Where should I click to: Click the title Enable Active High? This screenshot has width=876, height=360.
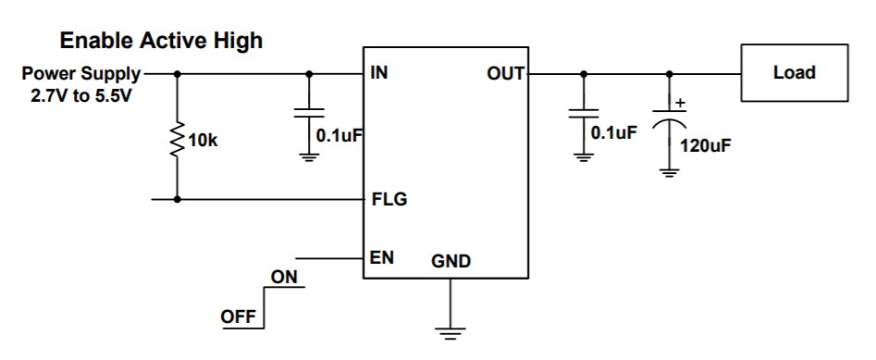point(161,41)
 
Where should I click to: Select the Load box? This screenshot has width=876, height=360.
point(794,73)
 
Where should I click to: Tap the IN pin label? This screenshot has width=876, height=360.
point(378,73)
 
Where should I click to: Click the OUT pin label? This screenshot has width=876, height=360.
point(505,73)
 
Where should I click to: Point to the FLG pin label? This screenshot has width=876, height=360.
point(389,199)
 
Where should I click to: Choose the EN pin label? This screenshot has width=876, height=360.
point(382,258)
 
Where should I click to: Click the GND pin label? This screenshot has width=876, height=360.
point(450,262)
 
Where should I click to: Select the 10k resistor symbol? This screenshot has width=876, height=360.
point(177,142)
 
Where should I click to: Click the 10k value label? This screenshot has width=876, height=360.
point(203,142)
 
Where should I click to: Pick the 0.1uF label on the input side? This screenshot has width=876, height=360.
point(338,135)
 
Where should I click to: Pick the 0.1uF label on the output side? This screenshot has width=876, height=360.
point(613,132)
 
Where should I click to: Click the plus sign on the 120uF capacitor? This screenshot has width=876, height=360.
point(681,104)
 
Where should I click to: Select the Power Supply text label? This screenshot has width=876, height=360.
point(81,73)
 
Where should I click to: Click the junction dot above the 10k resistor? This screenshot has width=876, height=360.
point(177,73)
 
